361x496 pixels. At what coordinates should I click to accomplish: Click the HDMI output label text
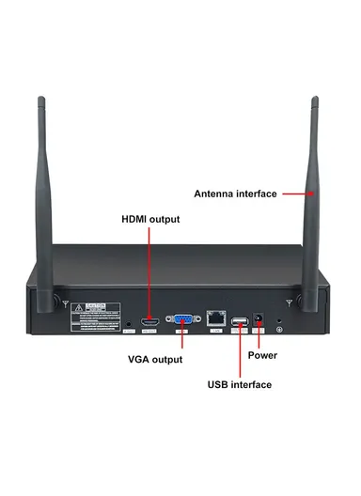point(150,219)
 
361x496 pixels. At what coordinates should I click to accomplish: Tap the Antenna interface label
point(235,194)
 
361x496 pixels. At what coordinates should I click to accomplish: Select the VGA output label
point(155,359)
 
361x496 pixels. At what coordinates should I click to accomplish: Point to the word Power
point(262,355)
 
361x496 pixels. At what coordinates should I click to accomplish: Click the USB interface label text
point(239,384)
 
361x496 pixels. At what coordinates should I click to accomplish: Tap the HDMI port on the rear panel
point(149,322)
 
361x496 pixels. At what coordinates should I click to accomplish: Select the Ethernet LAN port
point(217,320)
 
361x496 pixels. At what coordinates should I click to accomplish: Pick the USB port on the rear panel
point(239,324)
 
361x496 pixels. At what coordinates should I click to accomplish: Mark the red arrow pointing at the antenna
point(296,194)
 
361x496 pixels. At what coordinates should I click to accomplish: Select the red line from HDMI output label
point(149,272)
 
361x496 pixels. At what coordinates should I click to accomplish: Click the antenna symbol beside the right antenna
point(288,302)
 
